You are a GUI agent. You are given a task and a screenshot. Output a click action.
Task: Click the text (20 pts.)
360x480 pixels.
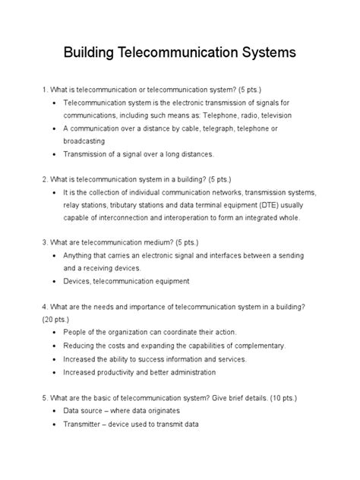pyautogui.click(x=61, y=320)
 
